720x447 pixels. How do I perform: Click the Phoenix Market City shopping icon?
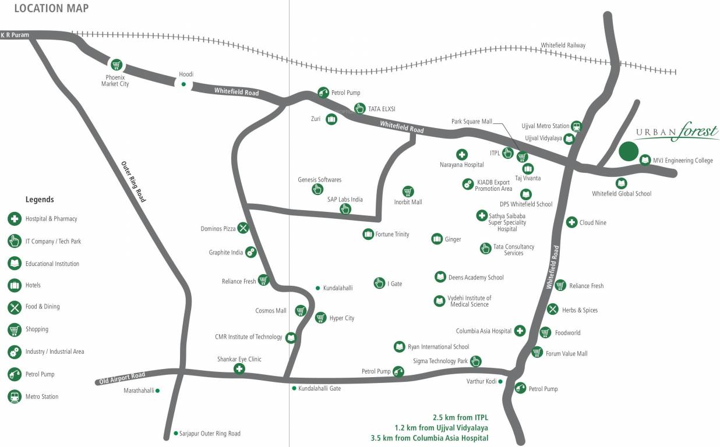(x=117, y=65)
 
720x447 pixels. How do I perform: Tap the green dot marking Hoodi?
(x=183, y=84)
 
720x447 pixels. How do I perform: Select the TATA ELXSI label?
(x=382, y=109)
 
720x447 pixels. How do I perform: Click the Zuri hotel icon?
(x=331, y=119)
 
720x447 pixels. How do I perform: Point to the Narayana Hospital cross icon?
(x=461, y=154)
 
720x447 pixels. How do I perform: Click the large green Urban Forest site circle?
(x=628, y=151)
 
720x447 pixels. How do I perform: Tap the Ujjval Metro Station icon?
(x=576, y=126)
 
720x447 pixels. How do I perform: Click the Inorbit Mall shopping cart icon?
(x=408, y=191)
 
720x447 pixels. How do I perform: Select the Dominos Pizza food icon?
(x=243, y=228)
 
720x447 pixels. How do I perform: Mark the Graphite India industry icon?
(x=250, y=252)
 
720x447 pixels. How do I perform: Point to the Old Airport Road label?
(x=122, y=378)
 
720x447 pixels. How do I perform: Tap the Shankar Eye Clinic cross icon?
(x=239, y=369)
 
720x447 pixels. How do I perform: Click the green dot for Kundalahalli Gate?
(x=294, y=388)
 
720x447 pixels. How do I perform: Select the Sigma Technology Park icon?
(x=475, y=361)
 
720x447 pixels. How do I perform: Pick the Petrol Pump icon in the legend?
(x=15, y=374)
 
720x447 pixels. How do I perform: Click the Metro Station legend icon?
(x=15, y=396)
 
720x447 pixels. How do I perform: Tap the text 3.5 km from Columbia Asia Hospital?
(x=429, y=438)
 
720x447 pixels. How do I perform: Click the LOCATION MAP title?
(x=51, y=8)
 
